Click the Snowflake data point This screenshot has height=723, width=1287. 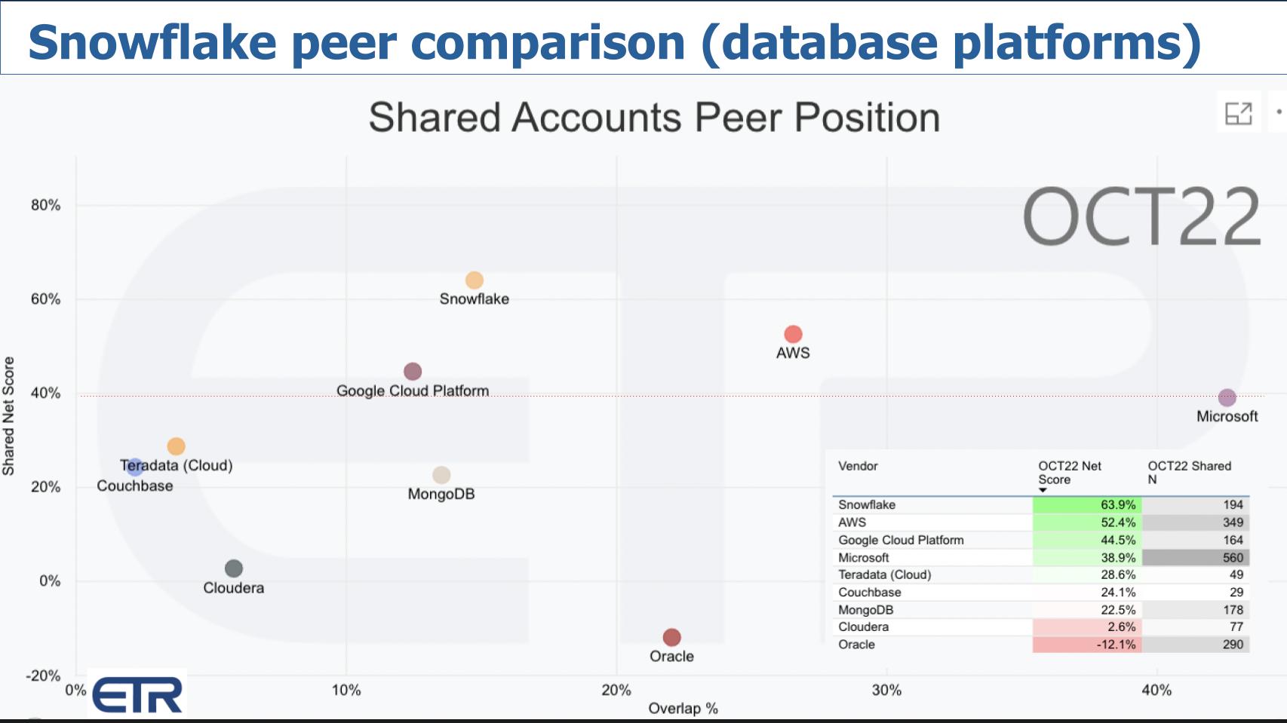click(x=474, y=280)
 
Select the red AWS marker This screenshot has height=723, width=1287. click(x=793, y=334)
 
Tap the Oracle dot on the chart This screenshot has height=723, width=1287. click(x=671, y=638)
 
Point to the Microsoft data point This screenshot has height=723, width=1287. click(x=1227, y=397)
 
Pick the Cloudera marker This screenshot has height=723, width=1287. click(x=234, y=568)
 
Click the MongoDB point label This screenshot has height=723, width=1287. click(x=441, y=495)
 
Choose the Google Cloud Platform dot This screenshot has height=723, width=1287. click(x=413, y=372)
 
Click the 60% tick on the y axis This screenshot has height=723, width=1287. click(x=46, y=299)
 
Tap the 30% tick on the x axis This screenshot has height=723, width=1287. click(x=886, y=690)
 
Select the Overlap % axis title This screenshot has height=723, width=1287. click(x=683, y=709)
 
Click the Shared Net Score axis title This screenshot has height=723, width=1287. click(x=9, y=416)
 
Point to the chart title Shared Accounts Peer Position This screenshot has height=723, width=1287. click(x=654, y=118)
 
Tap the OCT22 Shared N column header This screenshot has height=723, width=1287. click(x=1189, y=473)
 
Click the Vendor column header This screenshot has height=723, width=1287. click(x=858, y=466)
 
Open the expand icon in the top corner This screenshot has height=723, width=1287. click(x=1238, y=113)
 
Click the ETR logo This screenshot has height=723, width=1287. click(x=137, y=694)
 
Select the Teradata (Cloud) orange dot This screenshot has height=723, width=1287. click(x=176, y=446)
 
